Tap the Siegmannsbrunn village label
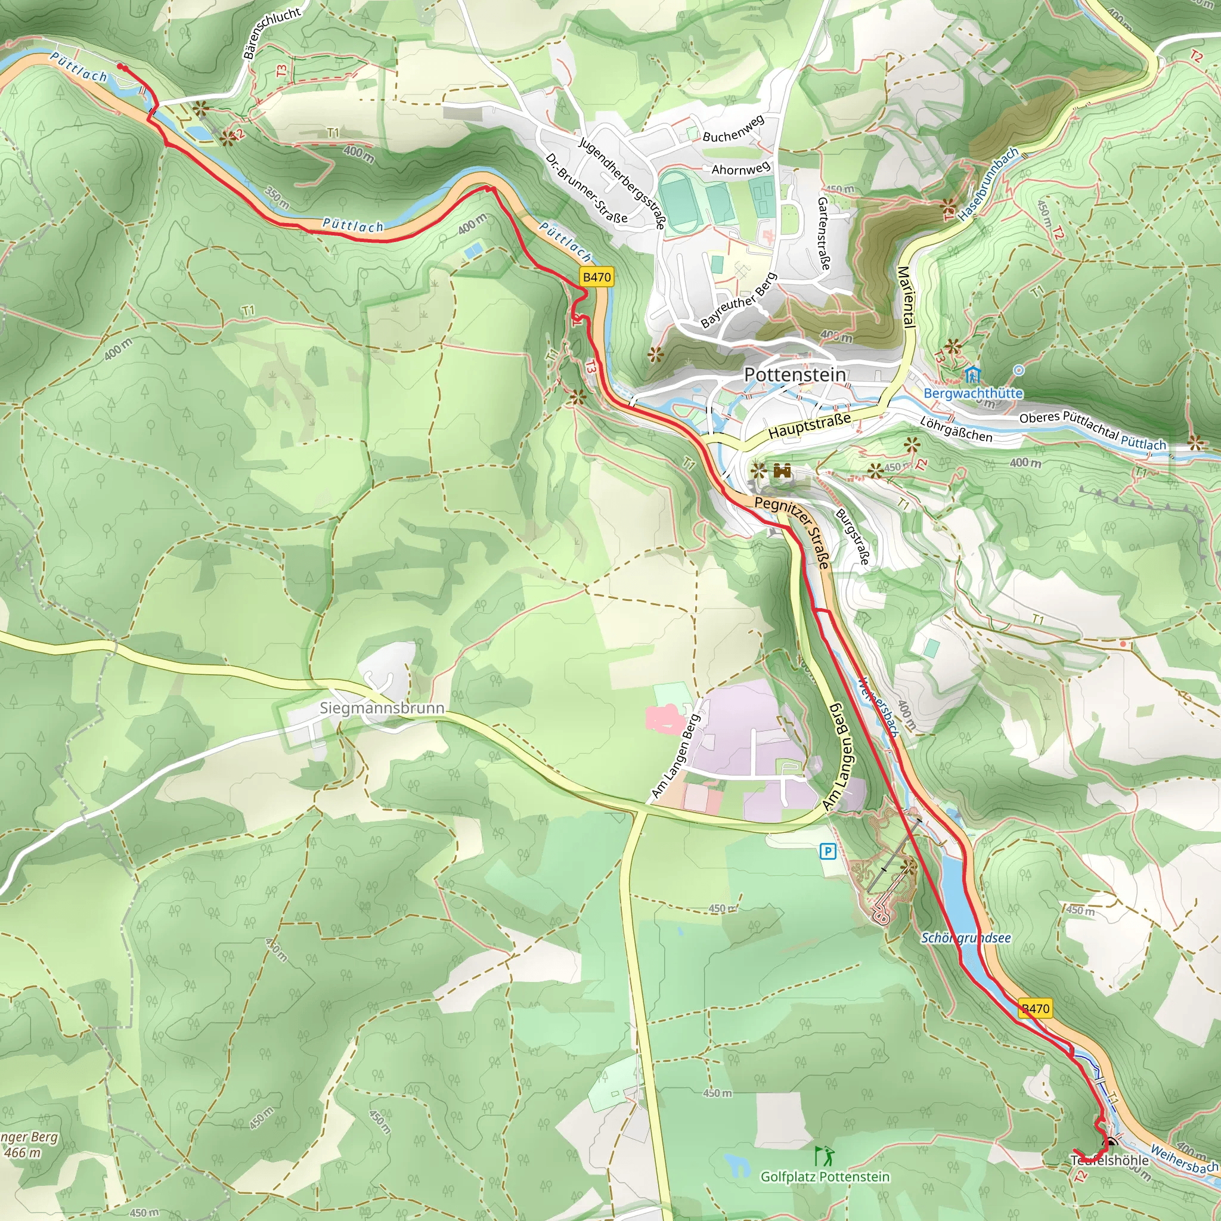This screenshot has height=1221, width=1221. click(382, 708)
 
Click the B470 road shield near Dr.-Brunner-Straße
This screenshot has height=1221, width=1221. click(597, 277)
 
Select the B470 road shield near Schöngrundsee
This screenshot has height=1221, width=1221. click(1035, 1009)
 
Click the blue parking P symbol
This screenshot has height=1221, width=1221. click(828, 852)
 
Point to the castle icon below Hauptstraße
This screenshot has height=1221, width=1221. click(782, 471)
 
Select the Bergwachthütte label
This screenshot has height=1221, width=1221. click(972, 393)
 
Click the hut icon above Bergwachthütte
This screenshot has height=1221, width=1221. click(972, 376)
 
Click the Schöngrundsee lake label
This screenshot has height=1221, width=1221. click(966, 938)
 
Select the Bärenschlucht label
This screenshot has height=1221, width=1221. click(272, 33)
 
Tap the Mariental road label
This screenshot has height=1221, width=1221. click(906, 297)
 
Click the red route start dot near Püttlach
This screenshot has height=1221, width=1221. click(120, 66)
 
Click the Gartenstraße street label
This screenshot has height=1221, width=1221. click(823, 233)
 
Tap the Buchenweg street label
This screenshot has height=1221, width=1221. click(733, 128)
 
